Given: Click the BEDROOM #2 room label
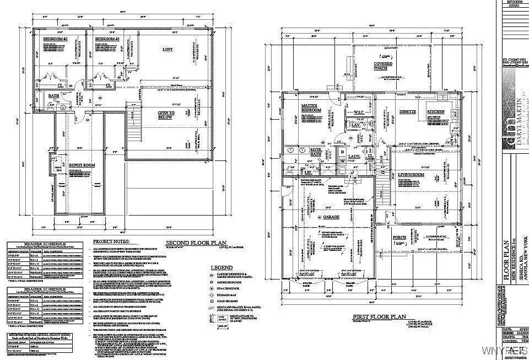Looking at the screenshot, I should tap(55, 40).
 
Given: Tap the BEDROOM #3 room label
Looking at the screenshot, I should tap(107, 40).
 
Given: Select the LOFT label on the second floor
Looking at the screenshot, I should tap(168, 50).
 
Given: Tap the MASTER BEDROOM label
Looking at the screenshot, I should tap(312, 108).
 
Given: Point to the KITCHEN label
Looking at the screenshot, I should tap(436, 112).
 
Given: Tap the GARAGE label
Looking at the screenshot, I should tap(331, 217).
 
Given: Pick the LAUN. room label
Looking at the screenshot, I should tap(354, 156).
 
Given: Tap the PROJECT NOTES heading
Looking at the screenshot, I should tap(110, 242).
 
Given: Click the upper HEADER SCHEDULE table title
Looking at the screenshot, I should tap(36, 243).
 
